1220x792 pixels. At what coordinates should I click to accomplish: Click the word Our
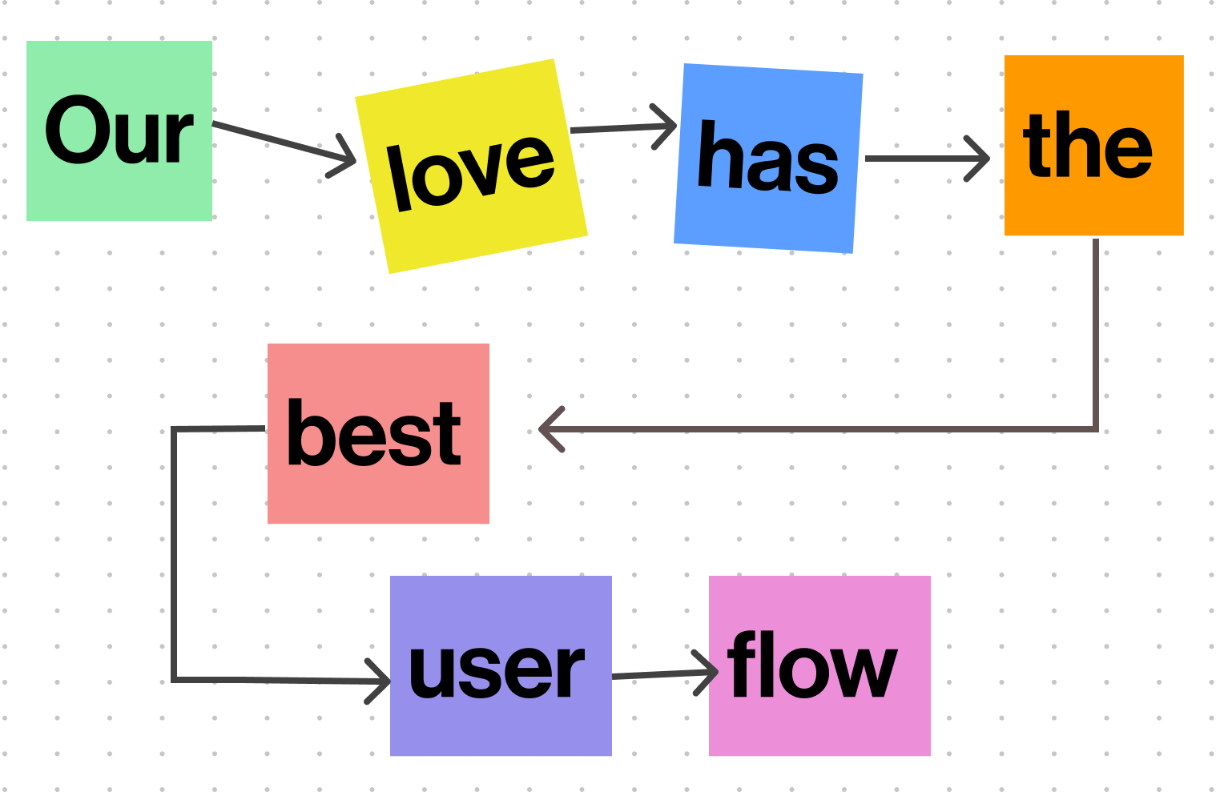119,131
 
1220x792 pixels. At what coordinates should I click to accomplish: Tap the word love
470,171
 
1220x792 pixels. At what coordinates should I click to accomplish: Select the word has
768,159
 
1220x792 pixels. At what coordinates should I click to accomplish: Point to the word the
1088,146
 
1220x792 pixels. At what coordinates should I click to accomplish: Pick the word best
374,433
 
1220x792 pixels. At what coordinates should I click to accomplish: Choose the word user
497,669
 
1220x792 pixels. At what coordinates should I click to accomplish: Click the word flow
812,665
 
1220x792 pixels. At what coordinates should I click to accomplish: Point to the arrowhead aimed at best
550,430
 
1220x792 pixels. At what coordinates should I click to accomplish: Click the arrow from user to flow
657,674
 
